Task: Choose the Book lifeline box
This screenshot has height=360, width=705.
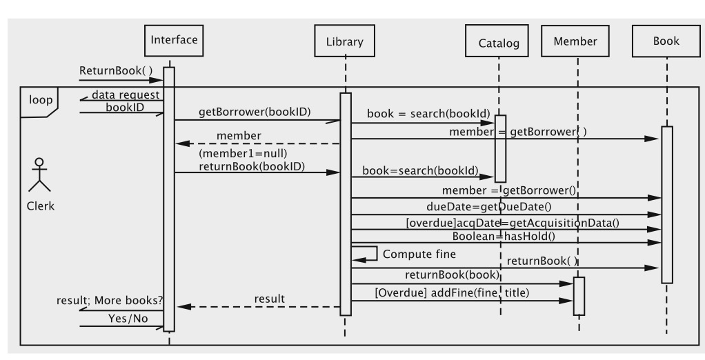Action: point(666,42)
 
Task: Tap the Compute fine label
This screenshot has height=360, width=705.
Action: point(419,254)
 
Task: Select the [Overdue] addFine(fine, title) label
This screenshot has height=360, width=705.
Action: point(451,293)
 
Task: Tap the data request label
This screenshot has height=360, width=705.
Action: point(126,94)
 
